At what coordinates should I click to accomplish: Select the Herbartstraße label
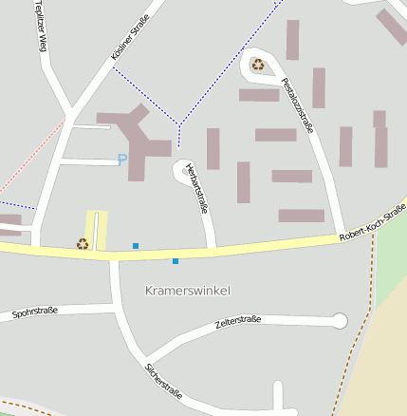coord(195,187)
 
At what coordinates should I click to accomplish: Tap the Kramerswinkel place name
coord(188,289)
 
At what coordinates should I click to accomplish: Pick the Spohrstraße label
coord(35,311)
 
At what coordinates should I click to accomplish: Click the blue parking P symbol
coord(121,160)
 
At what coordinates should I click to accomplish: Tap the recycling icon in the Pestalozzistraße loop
coord(257,65)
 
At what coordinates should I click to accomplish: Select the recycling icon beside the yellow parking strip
coord(83,244)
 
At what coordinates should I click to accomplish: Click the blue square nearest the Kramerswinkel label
coord(176,260)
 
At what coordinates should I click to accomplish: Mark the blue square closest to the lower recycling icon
coord(136,246)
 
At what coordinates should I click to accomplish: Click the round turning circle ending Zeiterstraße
coord(340,320)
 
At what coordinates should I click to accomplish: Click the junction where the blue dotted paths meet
coord(178,123)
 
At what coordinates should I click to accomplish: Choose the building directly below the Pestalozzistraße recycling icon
coord(258,95)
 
